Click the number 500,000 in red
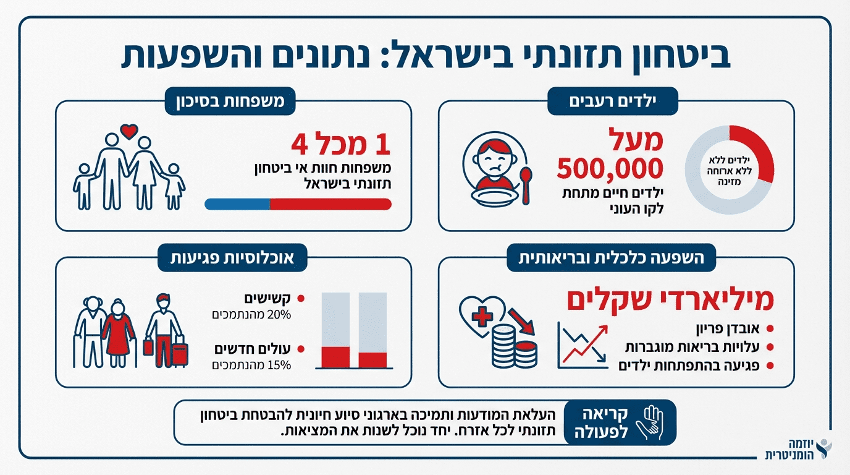click(610, 168)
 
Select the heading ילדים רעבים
click(613, 101)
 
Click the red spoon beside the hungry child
click(526, 184)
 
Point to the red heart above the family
click(128, 131)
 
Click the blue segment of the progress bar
click(237, 204)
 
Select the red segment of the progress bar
click(330, 204)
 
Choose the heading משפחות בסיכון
click(229, 101)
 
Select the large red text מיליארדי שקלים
click(670, 300)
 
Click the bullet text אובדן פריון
click(729, 328)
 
